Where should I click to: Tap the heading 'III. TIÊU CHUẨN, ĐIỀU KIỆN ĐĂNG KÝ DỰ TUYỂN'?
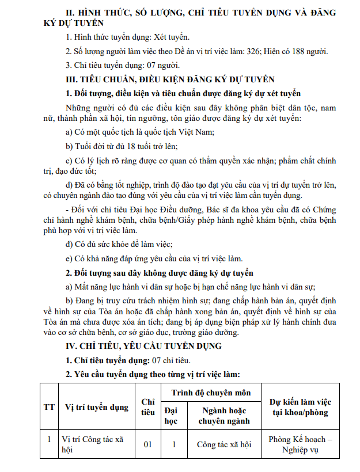[170, 79]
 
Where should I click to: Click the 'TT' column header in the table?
[50, 407]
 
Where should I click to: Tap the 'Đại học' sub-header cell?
[172, 416]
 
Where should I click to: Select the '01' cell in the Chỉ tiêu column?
[148, 444]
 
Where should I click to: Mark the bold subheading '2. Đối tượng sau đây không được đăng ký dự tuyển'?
[159, 272]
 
